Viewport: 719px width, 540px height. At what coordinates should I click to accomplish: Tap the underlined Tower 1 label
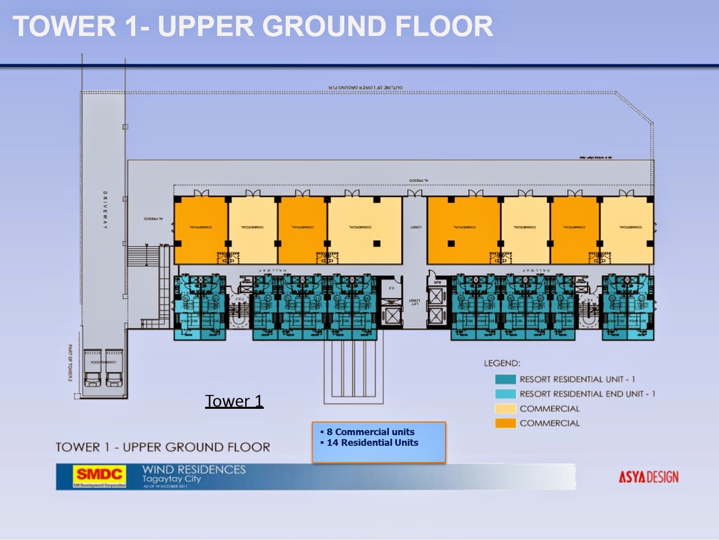tap(234, 401)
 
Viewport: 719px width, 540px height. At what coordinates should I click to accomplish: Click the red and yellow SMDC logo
tap(99, 475)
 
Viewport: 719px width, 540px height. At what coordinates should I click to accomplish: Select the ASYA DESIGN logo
tap(648, 477)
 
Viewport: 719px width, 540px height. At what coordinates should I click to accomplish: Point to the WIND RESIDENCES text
tap(194, 470)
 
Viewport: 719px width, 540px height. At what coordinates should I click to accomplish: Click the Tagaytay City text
tap(171, 479)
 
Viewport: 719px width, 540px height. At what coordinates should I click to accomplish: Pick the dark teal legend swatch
tap(505, 379)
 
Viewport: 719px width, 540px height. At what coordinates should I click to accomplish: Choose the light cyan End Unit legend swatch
tap(505, 394)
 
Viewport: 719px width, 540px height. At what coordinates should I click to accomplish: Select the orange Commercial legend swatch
tap(505, 423)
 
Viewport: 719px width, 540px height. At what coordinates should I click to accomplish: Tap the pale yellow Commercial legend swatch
tap(505, 409)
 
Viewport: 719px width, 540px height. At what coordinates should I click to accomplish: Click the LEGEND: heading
tap(502, 363)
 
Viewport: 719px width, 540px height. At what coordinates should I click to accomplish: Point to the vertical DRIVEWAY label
tap(105, 210)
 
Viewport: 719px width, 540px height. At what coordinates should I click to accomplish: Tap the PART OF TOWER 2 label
tap(70, 363)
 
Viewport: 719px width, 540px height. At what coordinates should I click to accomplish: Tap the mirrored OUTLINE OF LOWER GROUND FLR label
tap(365, 88)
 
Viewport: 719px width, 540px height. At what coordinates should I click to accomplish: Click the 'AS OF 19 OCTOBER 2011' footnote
tap(165, 486)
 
